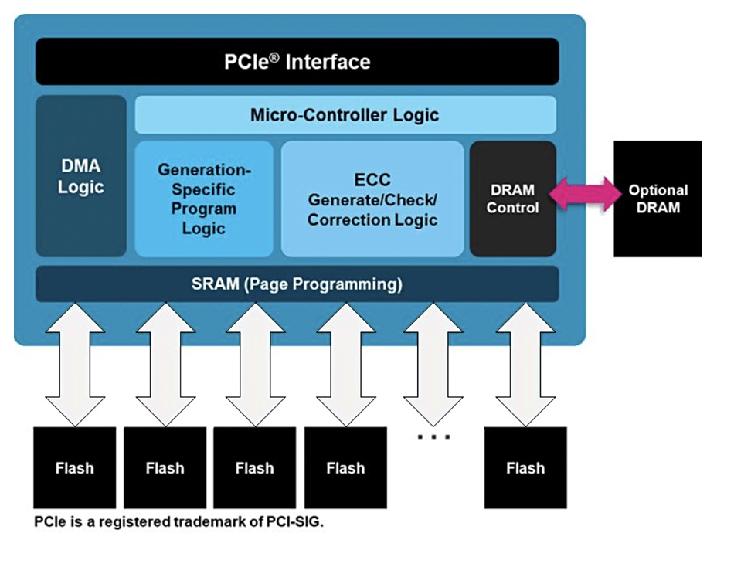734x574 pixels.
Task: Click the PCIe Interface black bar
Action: [x=297, y=62]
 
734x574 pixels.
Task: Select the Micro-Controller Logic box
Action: [x=345, y=115]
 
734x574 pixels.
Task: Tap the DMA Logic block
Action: [x=80, y=176]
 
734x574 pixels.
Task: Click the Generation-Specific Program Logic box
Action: [x=204, y=199]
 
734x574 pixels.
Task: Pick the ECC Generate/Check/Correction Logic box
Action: [x=372, y=199]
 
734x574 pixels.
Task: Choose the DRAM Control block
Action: [x=512, y=199]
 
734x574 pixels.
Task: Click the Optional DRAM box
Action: [x=658, y=199]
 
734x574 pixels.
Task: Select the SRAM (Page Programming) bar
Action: [x=297, y=284]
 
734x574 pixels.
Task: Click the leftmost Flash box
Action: [x=74, y=467]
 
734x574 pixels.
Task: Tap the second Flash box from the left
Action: [x=165, y=467]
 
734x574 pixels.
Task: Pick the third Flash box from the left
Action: [x=254, y=467]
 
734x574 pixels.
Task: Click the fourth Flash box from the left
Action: [x=345, y=467]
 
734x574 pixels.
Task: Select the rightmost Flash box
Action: [x=525, y=467]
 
